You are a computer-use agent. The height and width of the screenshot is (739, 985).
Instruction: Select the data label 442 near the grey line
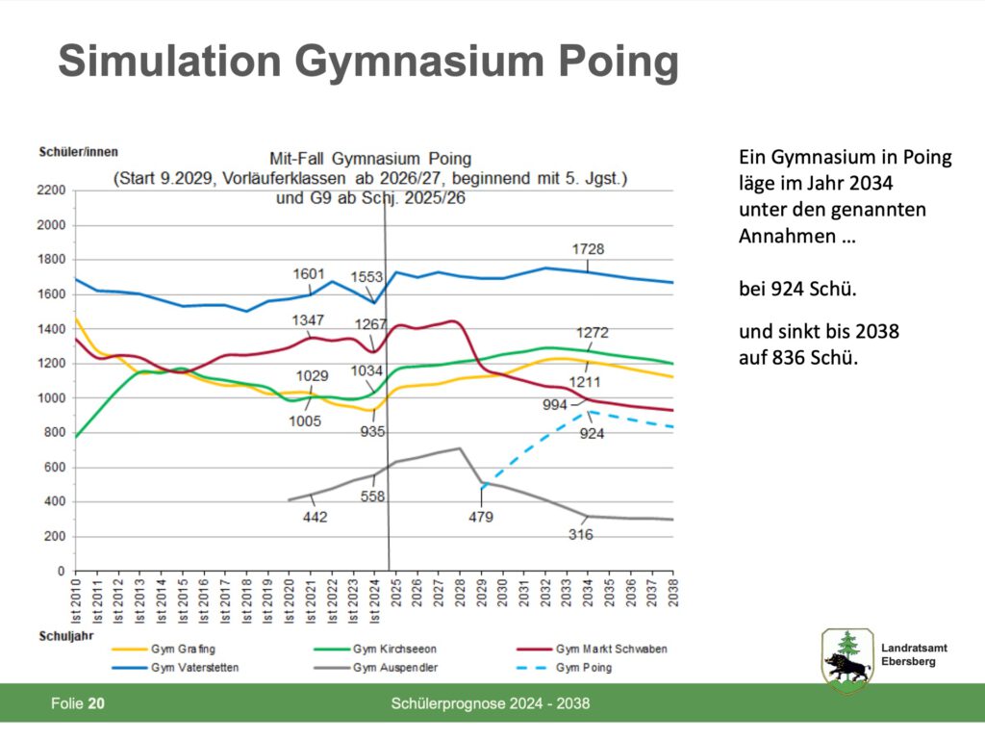pyautogui.click(x=315, y=517)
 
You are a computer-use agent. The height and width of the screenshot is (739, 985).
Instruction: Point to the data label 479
pyautogui.click(x=481, y=517)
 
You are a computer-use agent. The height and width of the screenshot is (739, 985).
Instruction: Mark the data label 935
pyautogui.click(x=372, y=431)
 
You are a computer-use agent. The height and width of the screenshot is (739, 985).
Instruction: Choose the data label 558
pyautogui.click(x=372, y=497)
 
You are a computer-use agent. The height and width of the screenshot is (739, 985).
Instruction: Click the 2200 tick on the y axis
pyautogui.click(x=53, y=191)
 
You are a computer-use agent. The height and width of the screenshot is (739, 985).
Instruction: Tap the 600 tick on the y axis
pyautogui.click(x=57, y=468)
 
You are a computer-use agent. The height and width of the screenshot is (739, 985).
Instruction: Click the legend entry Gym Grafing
pyautogui.click(x=183, y=649)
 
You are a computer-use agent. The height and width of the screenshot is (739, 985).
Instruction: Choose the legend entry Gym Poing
pyautogui.click(x=583, y=667)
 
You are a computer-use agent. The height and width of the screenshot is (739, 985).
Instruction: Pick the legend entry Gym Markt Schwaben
pyautogui.click(x=611, y=649)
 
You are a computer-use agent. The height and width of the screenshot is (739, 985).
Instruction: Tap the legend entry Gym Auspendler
pyautogui.click(x=391, y=667)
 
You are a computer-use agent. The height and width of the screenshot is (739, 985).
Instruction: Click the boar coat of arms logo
pyautogui.click(x=846, y=659)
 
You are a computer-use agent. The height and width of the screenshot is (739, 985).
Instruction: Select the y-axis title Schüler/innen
pyautogui.click(x=79, y=151)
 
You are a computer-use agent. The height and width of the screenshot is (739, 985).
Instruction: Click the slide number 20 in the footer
pyautogui.click(x=96, y=704)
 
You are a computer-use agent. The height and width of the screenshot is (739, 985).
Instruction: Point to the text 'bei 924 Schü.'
pyautogui.click(x=797, y=287)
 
